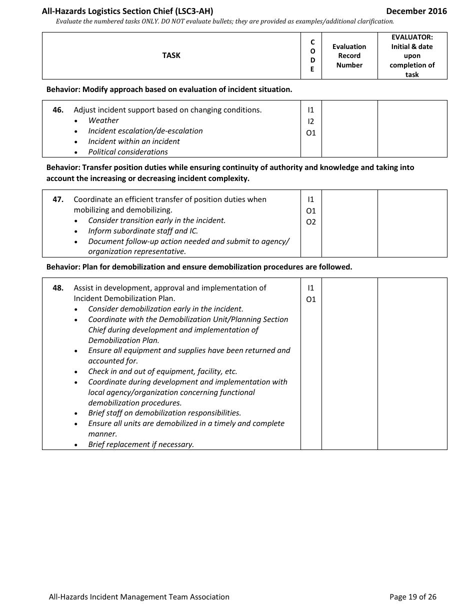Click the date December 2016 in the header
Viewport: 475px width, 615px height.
coord(416,11)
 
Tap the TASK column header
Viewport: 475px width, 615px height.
coord(171,55)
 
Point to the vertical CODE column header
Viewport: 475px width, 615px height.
coord(312,55)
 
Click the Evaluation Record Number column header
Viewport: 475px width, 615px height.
coord(349,55)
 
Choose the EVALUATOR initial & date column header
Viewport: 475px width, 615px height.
coord(412,55)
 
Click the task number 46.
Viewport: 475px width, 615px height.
coord(58,110)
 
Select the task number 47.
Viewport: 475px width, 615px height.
coord(58,199)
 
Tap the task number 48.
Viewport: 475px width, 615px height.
coord(58,288)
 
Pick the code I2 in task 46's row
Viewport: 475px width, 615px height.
coord(311,121)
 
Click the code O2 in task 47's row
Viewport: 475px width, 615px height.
coord(311,222)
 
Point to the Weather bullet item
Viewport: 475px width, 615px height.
coord(103,120)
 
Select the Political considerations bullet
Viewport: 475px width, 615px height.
coord(128,152)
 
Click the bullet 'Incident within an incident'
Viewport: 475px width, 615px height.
coord(134,141)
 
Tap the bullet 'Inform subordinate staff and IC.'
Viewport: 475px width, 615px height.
coord(143,231)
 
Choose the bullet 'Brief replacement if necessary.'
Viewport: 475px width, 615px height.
coord(141,444)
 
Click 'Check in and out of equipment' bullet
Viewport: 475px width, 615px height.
coord(162,371)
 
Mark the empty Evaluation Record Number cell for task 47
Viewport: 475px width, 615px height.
coord(349,223)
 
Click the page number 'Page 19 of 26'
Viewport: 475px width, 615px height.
coord(412,596)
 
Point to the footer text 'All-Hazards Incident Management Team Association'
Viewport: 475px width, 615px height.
coord(139,596)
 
